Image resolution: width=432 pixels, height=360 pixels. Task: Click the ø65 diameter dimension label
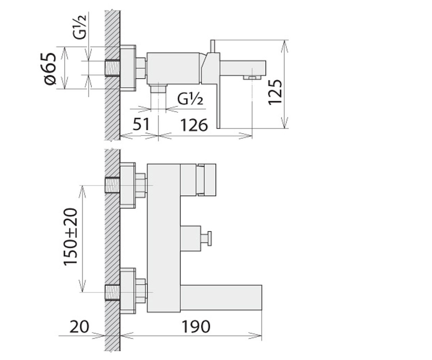click(50, 68)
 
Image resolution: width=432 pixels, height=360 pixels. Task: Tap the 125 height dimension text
click(275, 92)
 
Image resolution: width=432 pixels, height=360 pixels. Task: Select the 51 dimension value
click(141, 124)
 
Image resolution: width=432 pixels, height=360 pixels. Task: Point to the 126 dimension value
click(194, 125)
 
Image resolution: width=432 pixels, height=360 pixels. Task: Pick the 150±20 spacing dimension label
click(70, 237)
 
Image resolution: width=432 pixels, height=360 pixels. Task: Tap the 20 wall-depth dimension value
click(79, 327)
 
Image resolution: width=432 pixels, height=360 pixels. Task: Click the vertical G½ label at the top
click(80, 27)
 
